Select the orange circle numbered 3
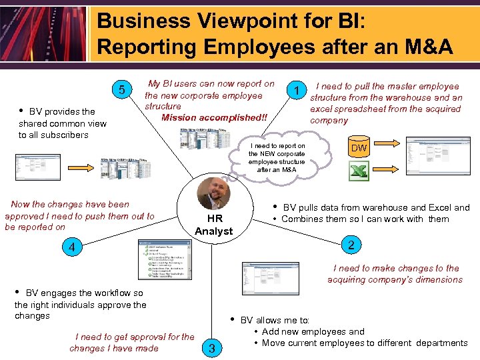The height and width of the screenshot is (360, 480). [x=211, y=347]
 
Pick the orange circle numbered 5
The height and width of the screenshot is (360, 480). [x=121, y=91]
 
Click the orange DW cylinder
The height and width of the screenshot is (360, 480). [x=359, y=148]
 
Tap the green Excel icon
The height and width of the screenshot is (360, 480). [x=359, y=171]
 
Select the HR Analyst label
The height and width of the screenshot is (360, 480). [x=213, y=225]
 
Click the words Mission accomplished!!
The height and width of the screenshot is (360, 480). [x=214, y=118]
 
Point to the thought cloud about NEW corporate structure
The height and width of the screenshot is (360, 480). [x=277, y=157]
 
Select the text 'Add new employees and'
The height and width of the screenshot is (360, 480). [x=313, y=331]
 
